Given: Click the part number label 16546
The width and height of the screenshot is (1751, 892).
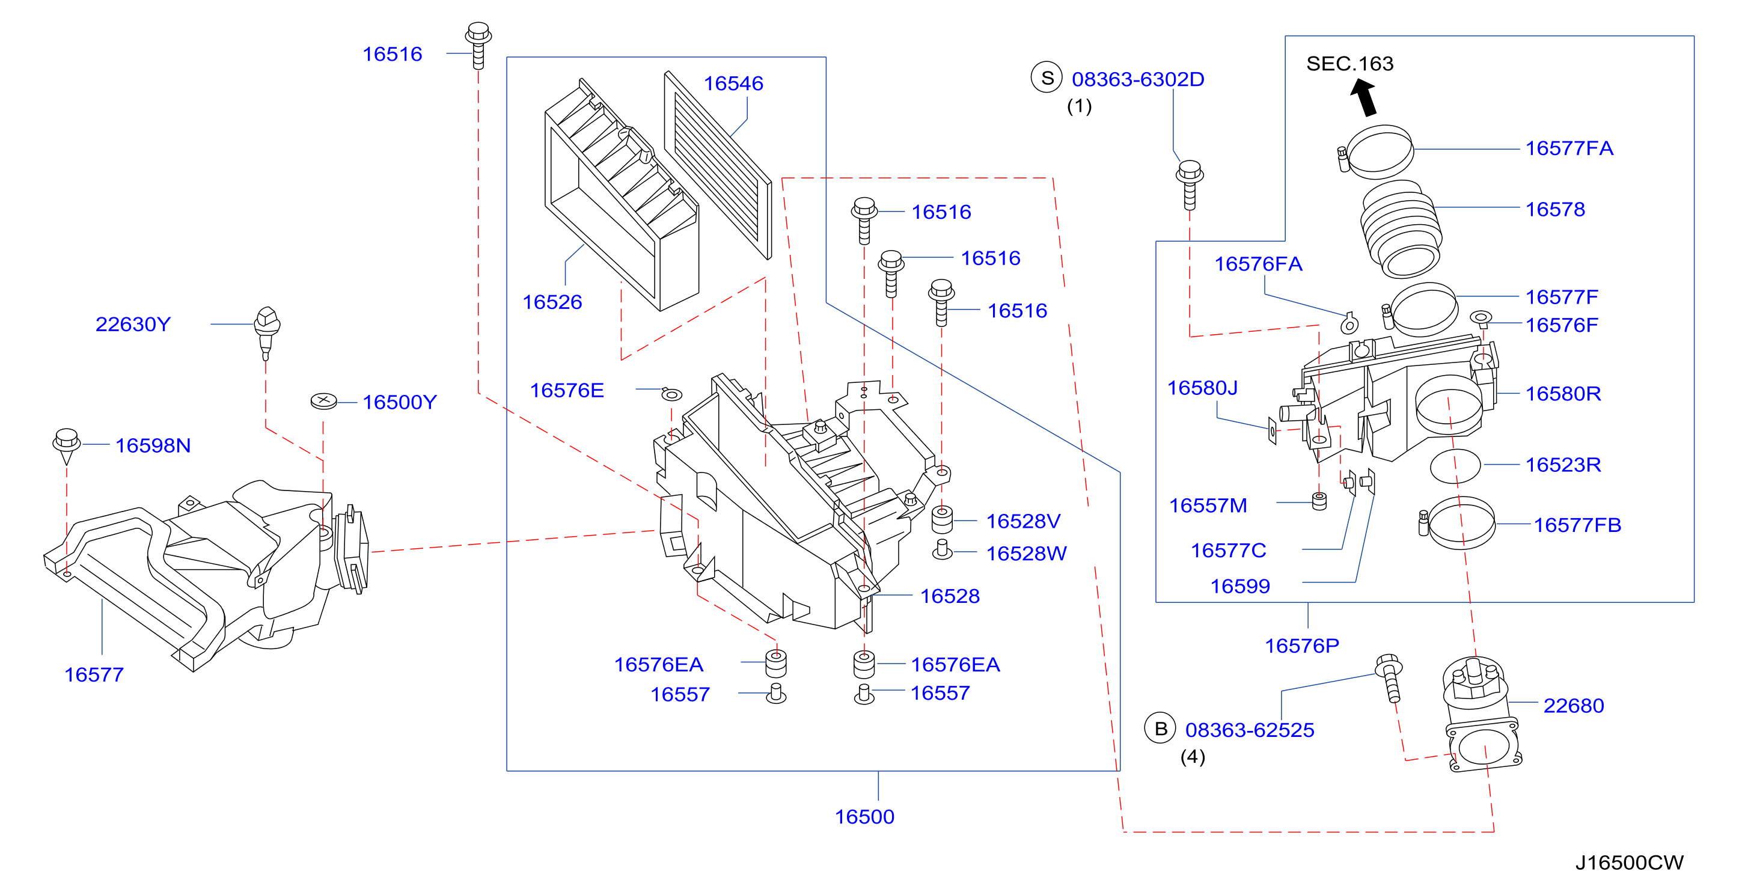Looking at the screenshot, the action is coord(733,84).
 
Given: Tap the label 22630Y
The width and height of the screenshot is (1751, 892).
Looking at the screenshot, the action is coord(133,325).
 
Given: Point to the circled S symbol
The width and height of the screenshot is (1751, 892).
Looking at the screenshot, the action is coord(1047,78).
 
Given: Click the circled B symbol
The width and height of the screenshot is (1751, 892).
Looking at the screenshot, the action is coord(1160,728).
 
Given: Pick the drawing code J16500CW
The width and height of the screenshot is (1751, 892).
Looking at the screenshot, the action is coord(1630,862).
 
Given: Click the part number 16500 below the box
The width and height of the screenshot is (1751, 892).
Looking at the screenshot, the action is coord(864,816).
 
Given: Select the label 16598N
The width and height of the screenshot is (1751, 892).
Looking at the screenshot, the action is coord(153,445).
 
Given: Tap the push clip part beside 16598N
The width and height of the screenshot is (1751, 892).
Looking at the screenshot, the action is coord(67,445).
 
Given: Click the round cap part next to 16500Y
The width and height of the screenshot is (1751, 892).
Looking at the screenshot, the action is coord(323,401).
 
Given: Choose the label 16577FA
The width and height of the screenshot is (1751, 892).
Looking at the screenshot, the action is coord(1569,148).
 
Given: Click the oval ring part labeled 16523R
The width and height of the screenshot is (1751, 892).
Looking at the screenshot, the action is coord(1455,466).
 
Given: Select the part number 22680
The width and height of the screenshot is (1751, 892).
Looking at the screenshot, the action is coord(1574,706).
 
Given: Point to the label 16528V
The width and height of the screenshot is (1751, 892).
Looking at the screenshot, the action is coord(1023,522).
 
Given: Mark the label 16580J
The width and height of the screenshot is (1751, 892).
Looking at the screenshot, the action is coord(1202,388).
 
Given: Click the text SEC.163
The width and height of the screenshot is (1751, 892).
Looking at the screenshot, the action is coord(1349,63).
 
